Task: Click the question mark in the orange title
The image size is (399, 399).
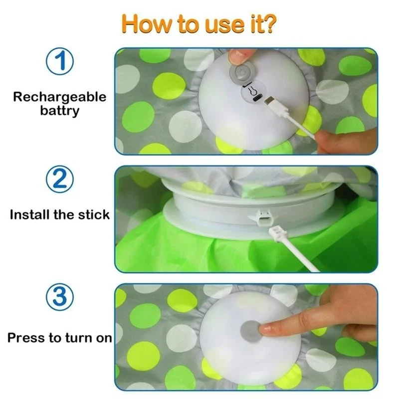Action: pyautogui.click(x=268, y=23)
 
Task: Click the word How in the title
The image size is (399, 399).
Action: pyautogui.click(x=144, y=23)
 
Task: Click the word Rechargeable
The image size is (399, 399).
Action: pyautogui.click(x=60, y=97)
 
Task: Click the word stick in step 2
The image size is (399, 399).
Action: pyautogui.click(x=93, y=215)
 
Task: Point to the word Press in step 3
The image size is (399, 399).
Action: pyautogui.click(x=26, y=338)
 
